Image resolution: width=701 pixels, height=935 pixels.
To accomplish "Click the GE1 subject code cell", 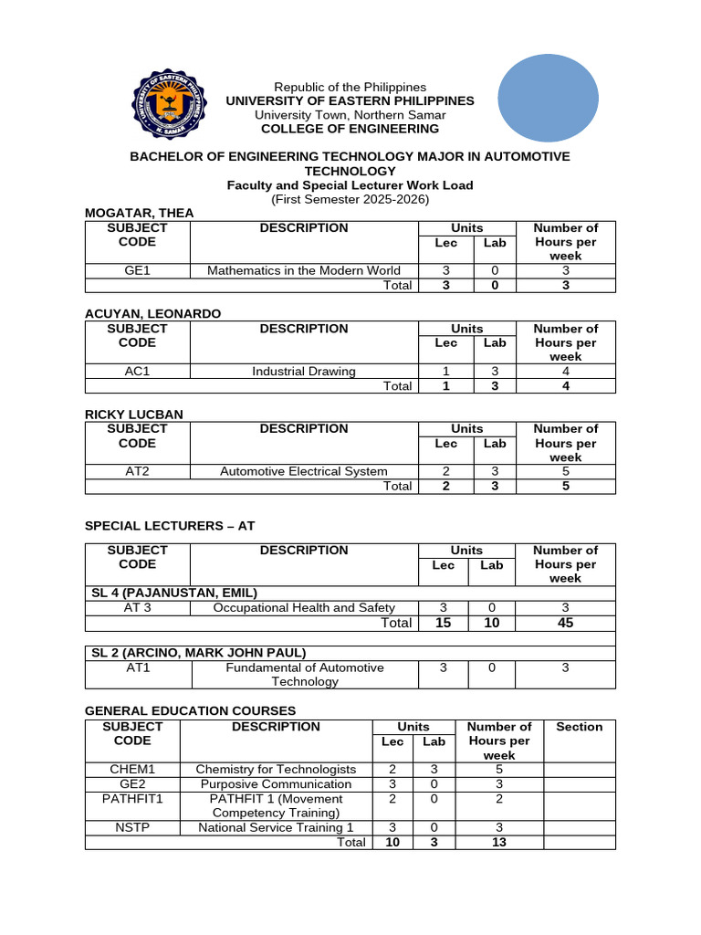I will coord(137,270).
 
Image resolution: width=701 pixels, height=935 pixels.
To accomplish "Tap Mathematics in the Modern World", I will coord(303,270).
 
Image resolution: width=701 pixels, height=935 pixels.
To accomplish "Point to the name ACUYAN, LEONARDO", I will coord(152,313).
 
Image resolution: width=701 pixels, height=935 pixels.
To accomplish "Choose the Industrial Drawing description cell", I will coord(303,371).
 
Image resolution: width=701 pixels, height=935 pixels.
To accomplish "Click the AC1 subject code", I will coord(137,371).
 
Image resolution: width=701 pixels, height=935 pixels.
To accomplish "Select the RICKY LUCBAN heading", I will coord(133,414).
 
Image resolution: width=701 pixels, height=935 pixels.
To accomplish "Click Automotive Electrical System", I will coord(303,471).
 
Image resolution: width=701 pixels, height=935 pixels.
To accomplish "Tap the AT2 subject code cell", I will coord(137,471).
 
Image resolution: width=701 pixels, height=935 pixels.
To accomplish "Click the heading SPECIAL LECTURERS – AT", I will coord(172,526).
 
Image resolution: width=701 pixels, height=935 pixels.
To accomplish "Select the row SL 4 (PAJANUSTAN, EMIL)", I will coord(173,593).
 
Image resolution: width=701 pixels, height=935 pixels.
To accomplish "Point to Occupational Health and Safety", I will coord(303,607).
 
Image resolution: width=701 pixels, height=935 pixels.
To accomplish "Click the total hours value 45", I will coord(565,623).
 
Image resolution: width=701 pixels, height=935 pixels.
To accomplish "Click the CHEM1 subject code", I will coord(132,770).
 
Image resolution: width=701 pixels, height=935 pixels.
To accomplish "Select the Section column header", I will coord(579,727).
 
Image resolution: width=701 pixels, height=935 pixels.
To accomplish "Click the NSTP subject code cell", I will coord(132,827).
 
